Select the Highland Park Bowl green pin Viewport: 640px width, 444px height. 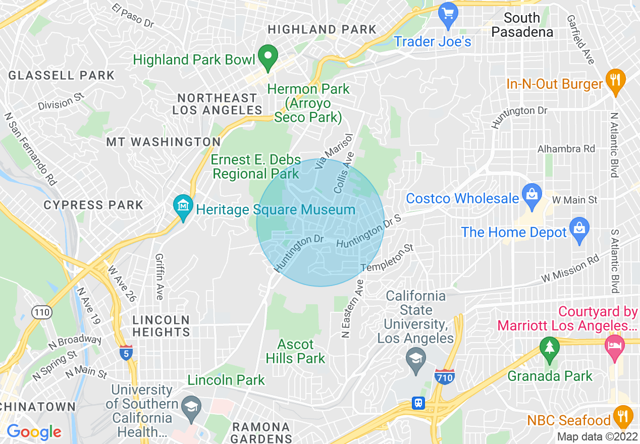[x=268, y=57]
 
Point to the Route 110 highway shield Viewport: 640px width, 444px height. [x=41, y=312]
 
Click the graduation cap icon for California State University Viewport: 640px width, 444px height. [x=416, y=360]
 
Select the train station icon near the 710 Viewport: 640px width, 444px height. [x=418, y=403]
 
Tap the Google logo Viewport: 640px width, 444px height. [x=34, y=432]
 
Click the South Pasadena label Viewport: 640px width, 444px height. [x=522, y=25]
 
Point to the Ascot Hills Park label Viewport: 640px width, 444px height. [x=296, y=352]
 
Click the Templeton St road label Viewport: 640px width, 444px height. [x=388, y=257]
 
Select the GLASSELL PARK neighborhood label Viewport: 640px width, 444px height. [x=62, y=76]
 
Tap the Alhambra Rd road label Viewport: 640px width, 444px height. [x=566, y=149]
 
